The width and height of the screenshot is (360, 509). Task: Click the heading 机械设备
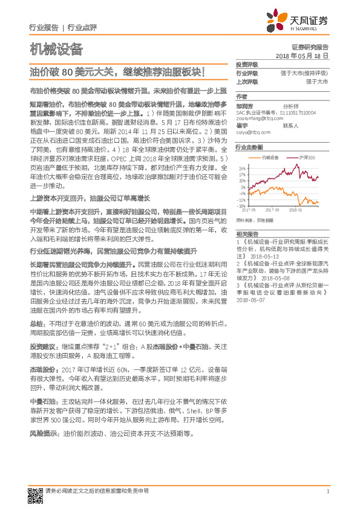[x=56, y=49]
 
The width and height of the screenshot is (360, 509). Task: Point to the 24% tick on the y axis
[x=242, y=168]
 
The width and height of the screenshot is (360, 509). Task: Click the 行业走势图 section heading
[x=249, y=147]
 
